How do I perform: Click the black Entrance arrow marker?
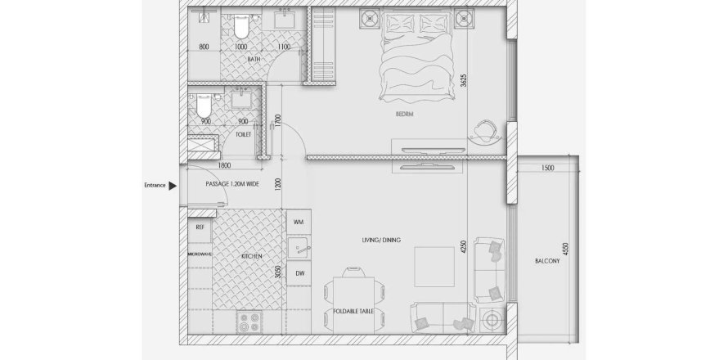click(x=173, y=186)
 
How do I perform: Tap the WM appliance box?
click(x=299, y=222)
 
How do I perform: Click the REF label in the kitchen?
click(x=200, y=227)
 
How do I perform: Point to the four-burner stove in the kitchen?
click(x=250, y=322)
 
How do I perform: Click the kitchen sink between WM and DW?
click(x=299, y=248)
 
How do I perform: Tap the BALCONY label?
click(x=547, y=261)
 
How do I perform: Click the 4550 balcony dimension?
click(x=565, y=249)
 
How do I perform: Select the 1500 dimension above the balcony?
click(x=548, y=169)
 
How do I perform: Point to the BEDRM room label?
click(x=404, y=115)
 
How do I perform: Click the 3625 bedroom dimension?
click(x=463, y=82)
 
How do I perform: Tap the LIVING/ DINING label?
click(x=381, y=241)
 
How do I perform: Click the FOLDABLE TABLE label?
click(x=353, y=311)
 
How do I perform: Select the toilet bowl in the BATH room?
click(x=240, y=26)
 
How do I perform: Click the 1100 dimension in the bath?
click(x=284, y=47)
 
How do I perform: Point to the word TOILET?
click(x=243, y=135)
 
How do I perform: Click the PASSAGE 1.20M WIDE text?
click(x=232, y=184)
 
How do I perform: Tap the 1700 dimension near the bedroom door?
click(x=277, y=122)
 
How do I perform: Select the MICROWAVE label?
click(x=200, y=254)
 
